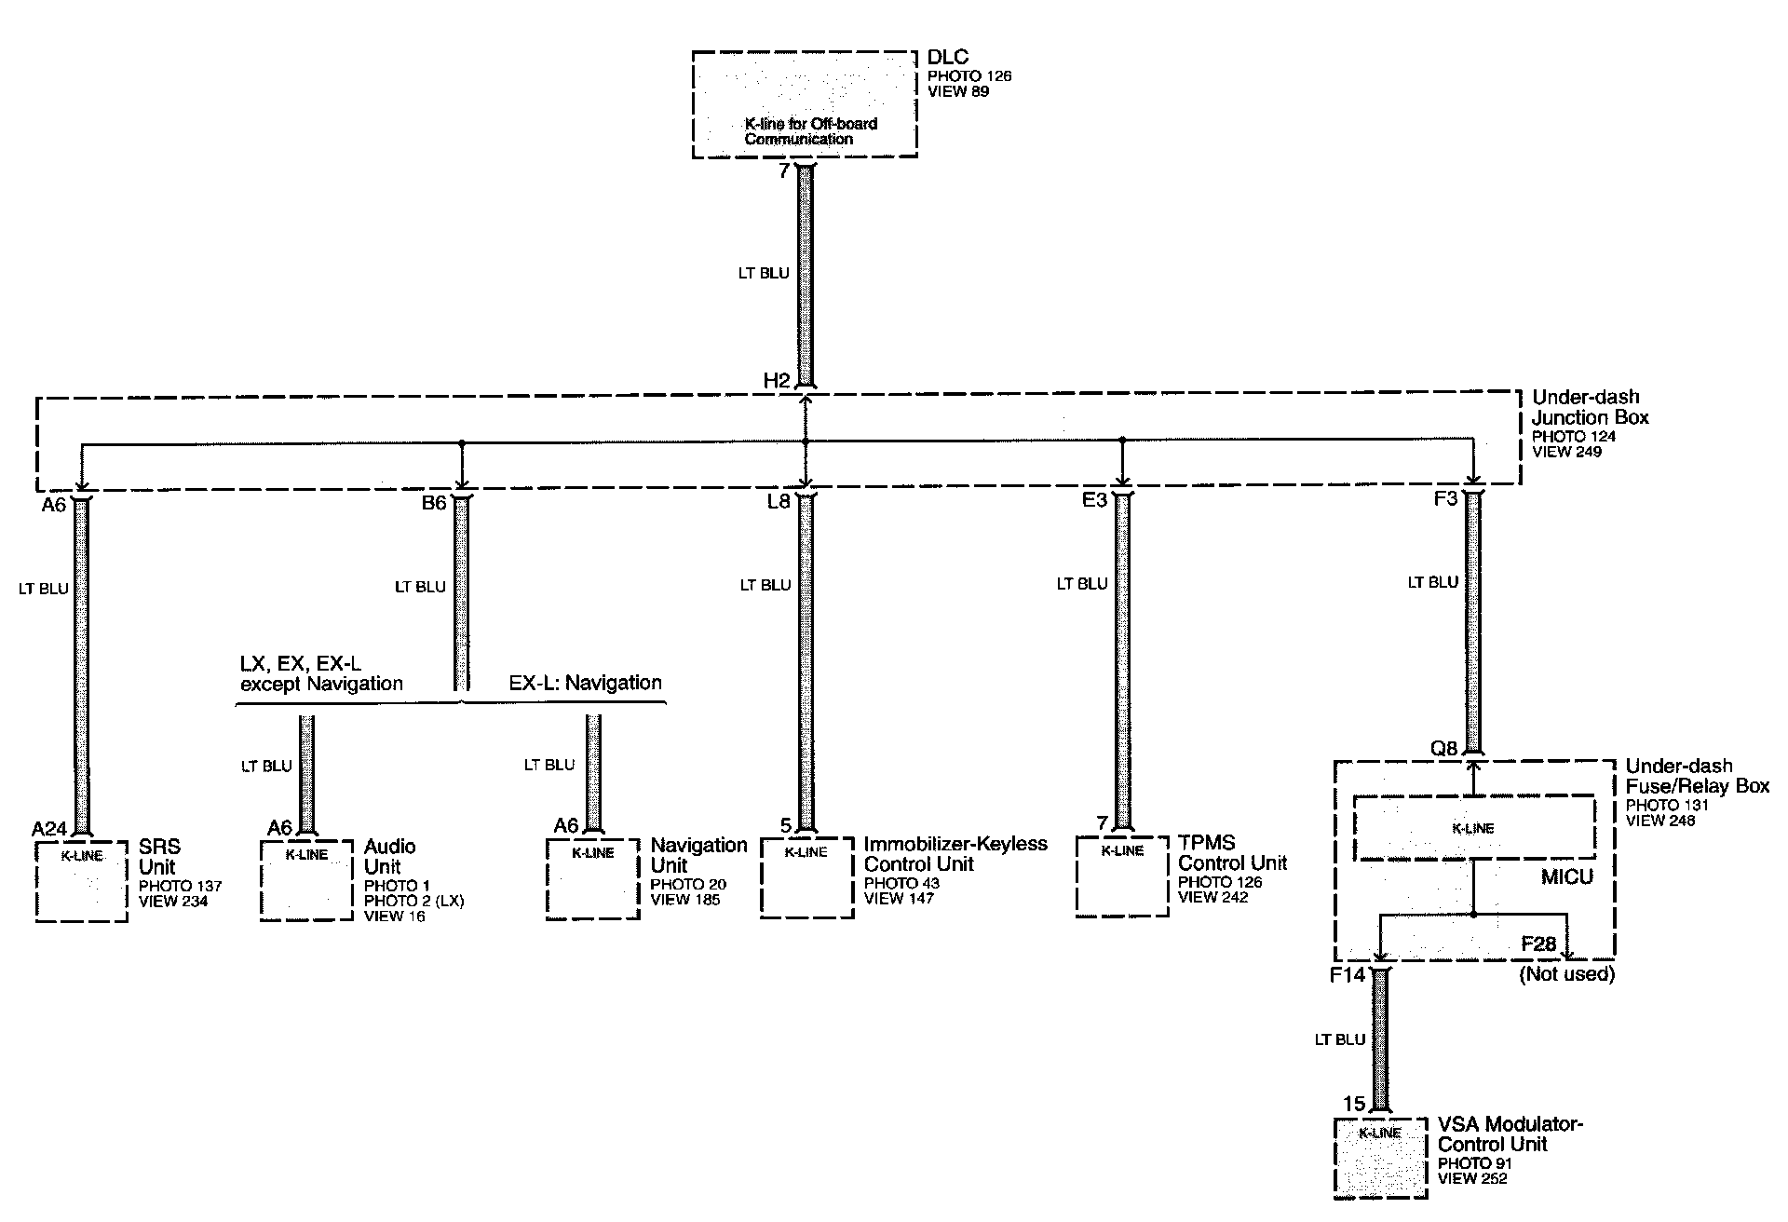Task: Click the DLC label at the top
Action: (x=948, y=59)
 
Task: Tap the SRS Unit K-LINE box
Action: (x=82, y=880)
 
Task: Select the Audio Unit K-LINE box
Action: (x=306, y=880)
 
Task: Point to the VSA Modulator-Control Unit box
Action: (x=1380, y=1157)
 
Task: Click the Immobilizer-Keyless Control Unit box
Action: (x=806, y=877)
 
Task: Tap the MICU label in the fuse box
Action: (x=1566, y=876)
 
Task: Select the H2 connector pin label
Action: (x=777, y=381)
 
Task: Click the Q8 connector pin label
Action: (x=1443, y=747)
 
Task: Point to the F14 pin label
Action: (x=1347, y=976)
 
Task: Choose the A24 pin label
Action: (x=50, y=829)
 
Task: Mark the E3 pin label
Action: (x=1094, y=500)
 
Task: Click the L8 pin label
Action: (x=779, y=502)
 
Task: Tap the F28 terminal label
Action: (x=1538, y=944)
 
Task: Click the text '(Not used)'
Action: (x=1566, y=974)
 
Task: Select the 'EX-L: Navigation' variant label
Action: (x=585, y=683)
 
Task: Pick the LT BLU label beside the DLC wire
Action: (x=763, y=274)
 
